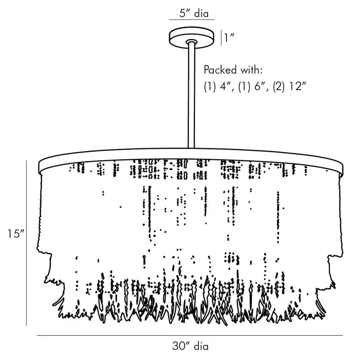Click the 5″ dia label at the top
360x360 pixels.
click(x=194, y=13)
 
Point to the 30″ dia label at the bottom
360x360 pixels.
click(x=190, y=346)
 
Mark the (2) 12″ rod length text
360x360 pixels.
click(x=291, y=87)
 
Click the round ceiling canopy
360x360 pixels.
click(x=192, y=37)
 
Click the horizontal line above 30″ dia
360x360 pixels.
click(x=190, y=336)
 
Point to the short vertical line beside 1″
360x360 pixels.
click(x=221, y=37)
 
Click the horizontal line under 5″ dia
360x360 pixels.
click(x=192, y=19)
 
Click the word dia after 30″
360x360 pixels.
click(x=201, y=346)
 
